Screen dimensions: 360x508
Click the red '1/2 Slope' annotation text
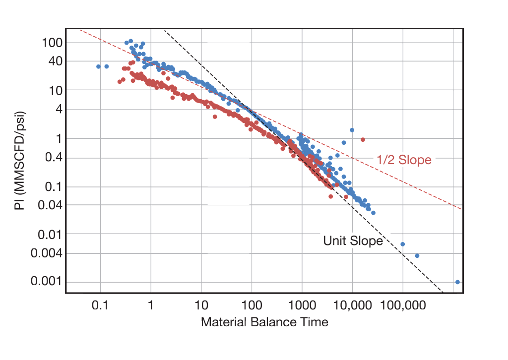point(404,160)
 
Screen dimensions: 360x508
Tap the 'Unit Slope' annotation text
point(353,241)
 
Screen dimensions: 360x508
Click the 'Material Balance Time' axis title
point(264,322)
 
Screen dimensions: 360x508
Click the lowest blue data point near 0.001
point(457,282)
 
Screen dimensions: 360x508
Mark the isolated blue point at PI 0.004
point(417,256)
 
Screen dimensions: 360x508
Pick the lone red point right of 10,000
point(363,139)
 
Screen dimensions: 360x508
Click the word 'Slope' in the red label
point(416,160)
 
